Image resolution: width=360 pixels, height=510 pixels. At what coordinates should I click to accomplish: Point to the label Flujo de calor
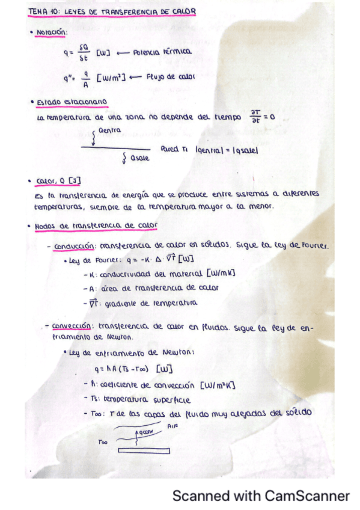coord(170,77)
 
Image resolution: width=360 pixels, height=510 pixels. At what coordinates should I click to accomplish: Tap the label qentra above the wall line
coord(109,130)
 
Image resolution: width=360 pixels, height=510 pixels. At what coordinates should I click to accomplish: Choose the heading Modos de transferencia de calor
coord(96,226)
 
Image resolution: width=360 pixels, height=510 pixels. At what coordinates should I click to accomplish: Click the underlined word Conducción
coord(72,247)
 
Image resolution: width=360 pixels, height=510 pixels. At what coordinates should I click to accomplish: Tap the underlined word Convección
coord(70,327)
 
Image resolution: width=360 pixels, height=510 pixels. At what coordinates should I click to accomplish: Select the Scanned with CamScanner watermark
coord(261,496)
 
